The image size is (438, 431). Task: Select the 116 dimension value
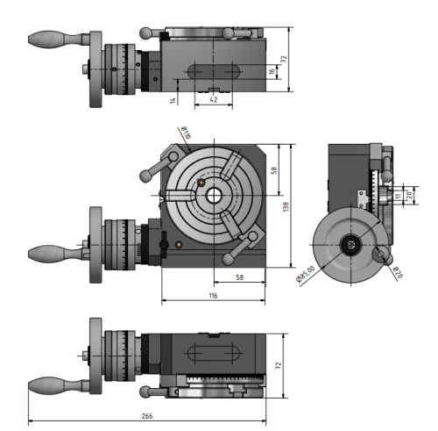(213, 297)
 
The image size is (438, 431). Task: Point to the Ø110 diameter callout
(185, 133)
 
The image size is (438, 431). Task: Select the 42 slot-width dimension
(213, 99)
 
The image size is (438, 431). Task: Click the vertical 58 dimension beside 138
(273, 170)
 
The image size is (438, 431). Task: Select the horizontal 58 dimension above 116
(238, 278)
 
